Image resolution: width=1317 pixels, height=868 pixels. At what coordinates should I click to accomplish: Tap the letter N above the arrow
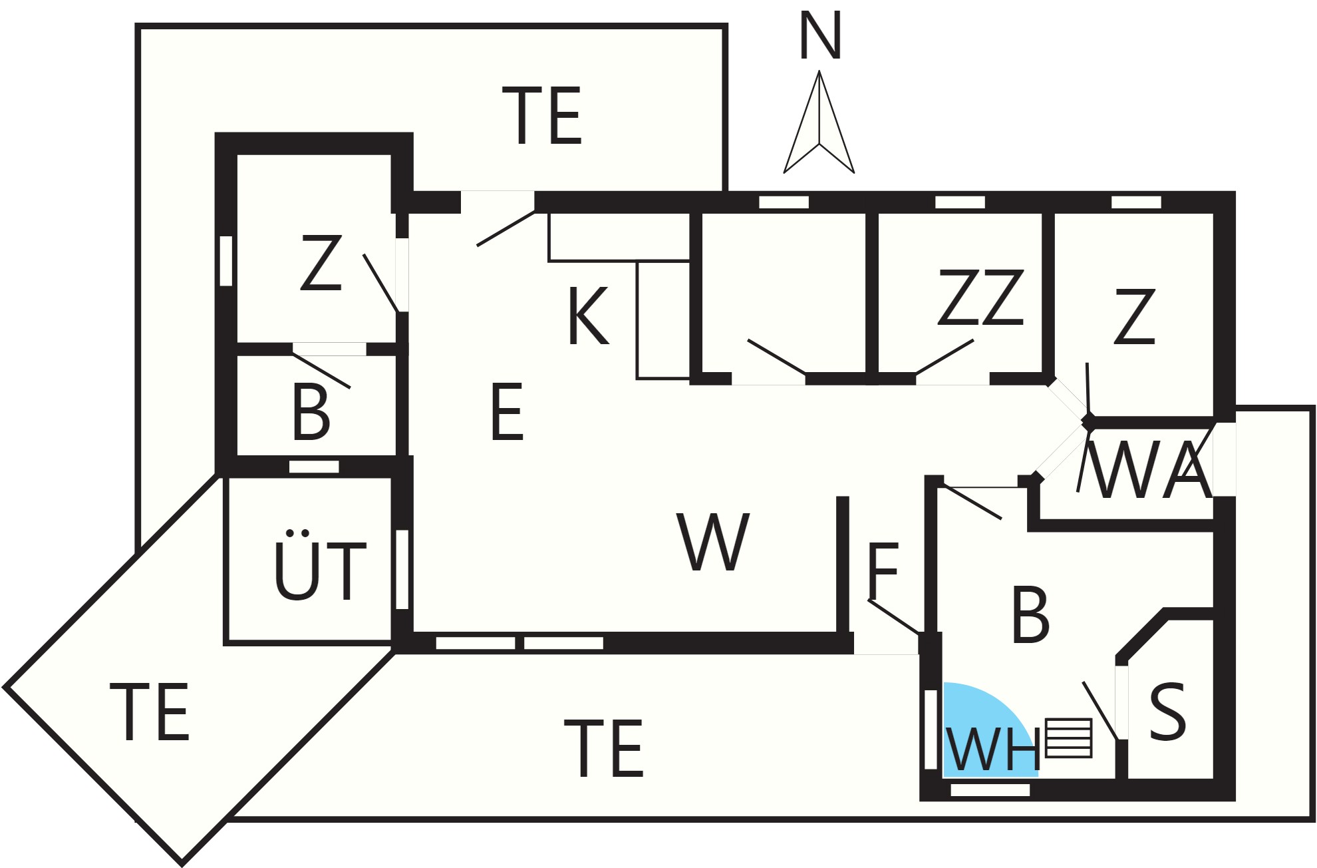tap(820, 36)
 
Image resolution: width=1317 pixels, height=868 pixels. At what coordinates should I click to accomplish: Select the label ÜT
tap(320, 565)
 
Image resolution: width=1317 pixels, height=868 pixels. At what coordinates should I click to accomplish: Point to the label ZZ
tap(980, 298)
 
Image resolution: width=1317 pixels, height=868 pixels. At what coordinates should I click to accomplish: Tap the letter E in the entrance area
tap(507, 411)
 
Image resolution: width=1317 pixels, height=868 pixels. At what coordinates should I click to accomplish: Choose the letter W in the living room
tap(713, 542)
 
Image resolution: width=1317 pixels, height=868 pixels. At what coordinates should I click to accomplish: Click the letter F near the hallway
tap(883, 570)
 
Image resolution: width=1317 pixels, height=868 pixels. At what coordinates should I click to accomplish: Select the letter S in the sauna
tap(1167, 712)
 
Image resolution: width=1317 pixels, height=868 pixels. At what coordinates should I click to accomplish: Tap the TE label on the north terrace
tap(543, 116)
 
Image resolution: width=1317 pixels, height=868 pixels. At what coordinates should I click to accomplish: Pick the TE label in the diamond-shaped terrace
tap(150, 712)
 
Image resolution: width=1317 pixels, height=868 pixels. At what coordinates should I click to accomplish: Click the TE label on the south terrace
tap(604, 748)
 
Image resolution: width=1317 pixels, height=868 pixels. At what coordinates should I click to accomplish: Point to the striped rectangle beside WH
tap(1069, 738)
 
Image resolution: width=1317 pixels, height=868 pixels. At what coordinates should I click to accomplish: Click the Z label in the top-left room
tap(321, 263)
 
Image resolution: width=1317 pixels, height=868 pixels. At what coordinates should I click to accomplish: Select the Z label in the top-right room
tap(1135, 316)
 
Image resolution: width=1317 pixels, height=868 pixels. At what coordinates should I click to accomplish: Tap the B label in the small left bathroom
tap(311, 412)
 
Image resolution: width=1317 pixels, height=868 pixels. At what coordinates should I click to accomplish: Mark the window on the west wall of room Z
tap(226, 261)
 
